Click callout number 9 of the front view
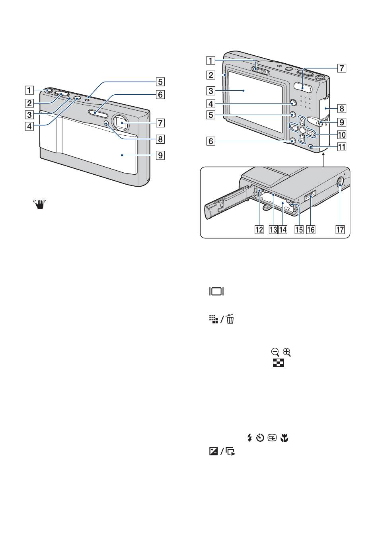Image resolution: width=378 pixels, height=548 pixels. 160,155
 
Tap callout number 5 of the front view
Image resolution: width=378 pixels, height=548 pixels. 160,82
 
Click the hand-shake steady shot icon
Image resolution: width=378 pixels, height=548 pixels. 40,204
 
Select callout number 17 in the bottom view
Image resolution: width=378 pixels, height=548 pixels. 340,230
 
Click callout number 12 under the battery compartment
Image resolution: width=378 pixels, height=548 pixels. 259,230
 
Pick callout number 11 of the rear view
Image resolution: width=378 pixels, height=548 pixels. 342,147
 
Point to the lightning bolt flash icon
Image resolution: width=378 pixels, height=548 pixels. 249,438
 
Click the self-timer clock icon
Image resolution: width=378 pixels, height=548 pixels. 260,438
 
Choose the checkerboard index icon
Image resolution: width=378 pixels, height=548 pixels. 279,363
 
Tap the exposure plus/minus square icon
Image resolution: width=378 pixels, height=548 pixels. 213,451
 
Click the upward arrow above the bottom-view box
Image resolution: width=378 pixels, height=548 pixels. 323,160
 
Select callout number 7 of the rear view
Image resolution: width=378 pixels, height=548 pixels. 342,68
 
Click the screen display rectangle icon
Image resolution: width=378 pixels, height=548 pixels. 216,291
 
